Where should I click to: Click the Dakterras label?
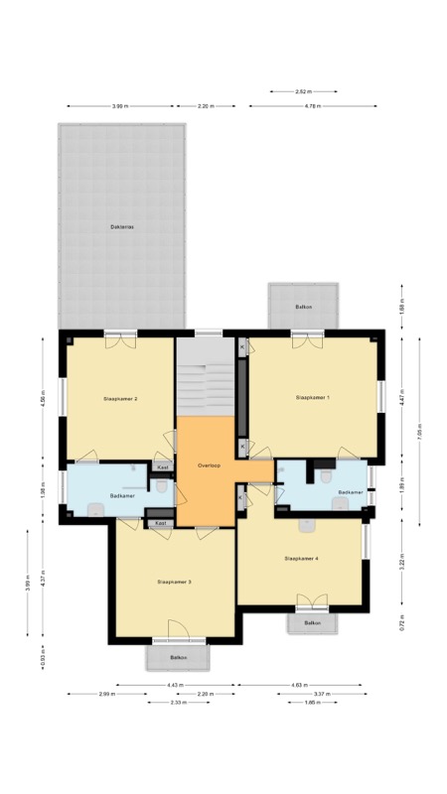click(x=122, y=227)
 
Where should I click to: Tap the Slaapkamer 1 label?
click(x=313, y=397)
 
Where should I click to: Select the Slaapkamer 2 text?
click(x=120, y=398)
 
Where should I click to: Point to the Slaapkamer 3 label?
click(x=174, y=582)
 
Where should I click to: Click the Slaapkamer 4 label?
click(x=301, y=559)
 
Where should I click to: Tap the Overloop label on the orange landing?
click(x=208, y=464)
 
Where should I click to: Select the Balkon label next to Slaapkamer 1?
click(x=304, y=307)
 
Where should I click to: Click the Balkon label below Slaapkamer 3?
click(x=178, y=657)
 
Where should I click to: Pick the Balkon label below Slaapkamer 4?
click(x=313, y=623)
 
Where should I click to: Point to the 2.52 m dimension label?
click(x=304, y=91)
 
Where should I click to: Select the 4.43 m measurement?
click(x=176, y=684)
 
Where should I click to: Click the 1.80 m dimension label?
click(x=312, y=703)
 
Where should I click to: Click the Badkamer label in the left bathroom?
click(x=123, y=494)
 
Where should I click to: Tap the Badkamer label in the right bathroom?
click(x=351, y=491)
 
